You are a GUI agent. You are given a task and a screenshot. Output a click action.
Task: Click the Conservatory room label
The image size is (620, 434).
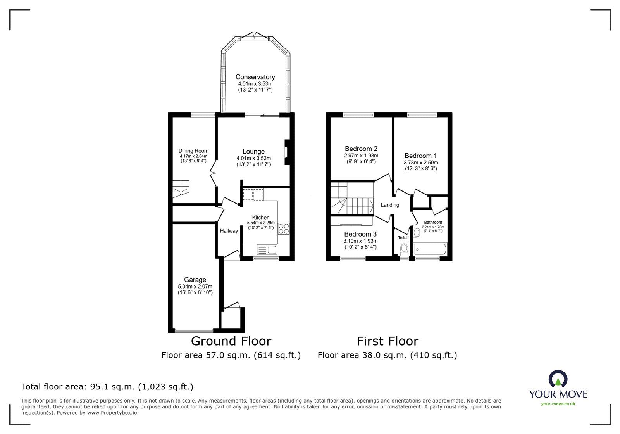click(255, 77)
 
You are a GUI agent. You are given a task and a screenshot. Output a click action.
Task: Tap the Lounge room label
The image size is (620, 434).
click(253, 152)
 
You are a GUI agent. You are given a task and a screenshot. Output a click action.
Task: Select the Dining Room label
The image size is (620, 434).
click(193, 151)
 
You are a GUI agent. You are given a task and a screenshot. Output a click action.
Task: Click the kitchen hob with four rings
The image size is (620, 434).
click(283, 229)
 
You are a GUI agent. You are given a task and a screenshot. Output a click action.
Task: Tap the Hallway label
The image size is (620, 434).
click(229, 231)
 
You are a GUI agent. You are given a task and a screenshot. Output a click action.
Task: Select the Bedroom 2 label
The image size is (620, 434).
click(361, 149)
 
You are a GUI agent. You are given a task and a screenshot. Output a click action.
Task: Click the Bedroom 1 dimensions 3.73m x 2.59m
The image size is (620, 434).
click(421, 163)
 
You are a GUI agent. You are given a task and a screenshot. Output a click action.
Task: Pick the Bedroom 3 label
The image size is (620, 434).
click(360, 234)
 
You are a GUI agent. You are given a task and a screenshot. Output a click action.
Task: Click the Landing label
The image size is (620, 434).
click(389, 205)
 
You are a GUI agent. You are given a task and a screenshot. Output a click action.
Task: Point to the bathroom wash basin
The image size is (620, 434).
click(417, 233)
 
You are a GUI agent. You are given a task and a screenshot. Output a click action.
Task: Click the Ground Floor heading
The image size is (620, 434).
click(231, 341)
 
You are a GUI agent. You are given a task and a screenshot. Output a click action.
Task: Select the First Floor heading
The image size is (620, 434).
click(387, 341)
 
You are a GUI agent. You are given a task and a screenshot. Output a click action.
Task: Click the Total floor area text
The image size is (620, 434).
click(107, 387)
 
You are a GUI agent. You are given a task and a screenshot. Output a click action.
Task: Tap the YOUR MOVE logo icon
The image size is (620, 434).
click(558, 379)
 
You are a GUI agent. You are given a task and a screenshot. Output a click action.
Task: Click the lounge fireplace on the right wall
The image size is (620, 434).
click(287, 152)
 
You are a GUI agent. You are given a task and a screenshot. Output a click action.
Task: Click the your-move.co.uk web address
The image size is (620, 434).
click(558, 404)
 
